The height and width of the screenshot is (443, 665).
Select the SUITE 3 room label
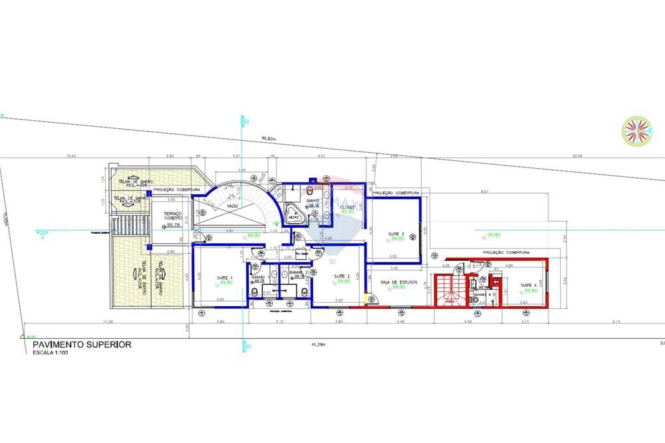pyautogui.click(x=397, y=234)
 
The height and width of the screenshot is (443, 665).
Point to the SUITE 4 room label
pyautogui.click(x=529, y=284)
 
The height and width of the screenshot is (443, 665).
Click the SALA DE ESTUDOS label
pyautogui.click(x=400, y=282)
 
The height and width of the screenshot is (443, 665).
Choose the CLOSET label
pyautogui.click(x=348, y=207)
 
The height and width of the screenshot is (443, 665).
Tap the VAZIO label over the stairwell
pyautogui.click(x=232, y=207)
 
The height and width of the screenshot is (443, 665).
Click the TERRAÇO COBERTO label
pyautogui.click(x=174, y=216)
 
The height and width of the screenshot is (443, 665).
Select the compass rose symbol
pyautogui.click(x=635, y=130)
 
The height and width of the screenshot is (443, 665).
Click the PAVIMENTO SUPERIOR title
pyautogui.click(x=82, y=345)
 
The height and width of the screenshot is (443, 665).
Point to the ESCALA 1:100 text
pyautogui.click(x=51, y=353)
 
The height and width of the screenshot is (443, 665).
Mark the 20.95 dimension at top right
pyautogui.click(x=576, y=156)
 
